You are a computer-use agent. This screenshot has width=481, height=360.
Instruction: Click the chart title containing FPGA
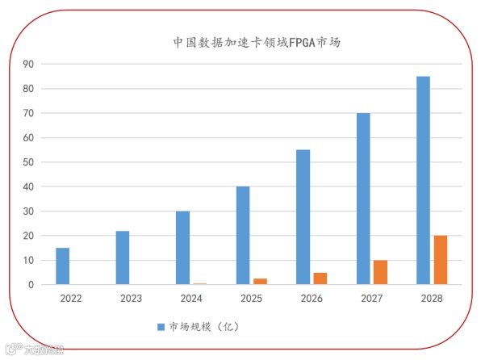tap(257, 42)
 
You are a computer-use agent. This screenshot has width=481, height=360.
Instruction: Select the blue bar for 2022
tap(62, 266)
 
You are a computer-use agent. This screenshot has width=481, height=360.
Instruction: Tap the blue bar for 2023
tap(122, 258)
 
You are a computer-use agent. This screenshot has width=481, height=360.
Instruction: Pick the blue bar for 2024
tap(182, 248)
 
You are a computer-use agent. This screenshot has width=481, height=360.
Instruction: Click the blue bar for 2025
tap(243, 236)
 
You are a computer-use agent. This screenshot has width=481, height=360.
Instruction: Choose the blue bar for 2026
tap(303, 217)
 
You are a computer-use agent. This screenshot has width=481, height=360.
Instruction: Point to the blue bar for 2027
tap(363, 199)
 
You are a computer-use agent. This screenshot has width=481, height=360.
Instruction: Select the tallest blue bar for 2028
tap(423, 180)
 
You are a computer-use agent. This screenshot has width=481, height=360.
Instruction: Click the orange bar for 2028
tap(440, 260)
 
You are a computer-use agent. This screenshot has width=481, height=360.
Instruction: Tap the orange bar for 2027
tap(380, 272)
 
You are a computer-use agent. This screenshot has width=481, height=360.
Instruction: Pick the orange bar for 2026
tap(320, 278)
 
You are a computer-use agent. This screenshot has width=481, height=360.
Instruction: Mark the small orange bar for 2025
tap(260, 282)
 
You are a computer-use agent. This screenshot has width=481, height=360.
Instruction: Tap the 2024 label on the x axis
tap(190, 299)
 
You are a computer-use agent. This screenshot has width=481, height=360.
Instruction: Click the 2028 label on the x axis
tap(431, 299)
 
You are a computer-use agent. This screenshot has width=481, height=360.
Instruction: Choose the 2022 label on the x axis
tap(70, 299)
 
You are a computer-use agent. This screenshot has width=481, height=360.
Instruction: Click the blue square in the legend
tap(160, 326)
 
